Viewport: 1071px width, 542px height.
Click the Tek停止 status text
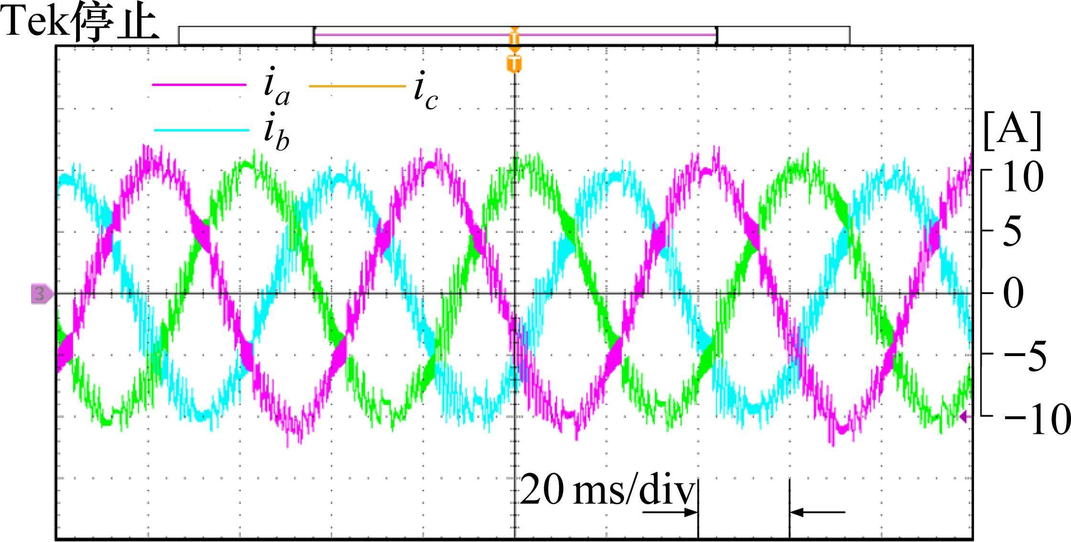[80, 23]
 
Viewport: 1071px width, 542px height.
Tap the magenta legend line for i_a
[199, 85]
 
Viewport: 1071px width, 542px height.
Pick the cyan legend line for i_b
[201, 130]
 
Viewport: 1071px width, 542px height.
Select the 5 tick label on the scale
[1012, 232]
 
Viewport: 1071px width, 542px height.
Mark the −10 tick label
[1035, 419]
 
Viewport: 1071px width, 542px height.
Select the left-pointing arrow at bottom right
[817, 513]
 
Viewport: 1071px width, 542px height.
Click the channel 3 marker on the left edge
[41, 293]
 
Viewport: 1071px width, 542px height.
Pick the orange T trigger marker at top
[514, 64]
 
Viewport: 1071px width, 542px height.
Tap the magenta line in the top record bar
[514, 35]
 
